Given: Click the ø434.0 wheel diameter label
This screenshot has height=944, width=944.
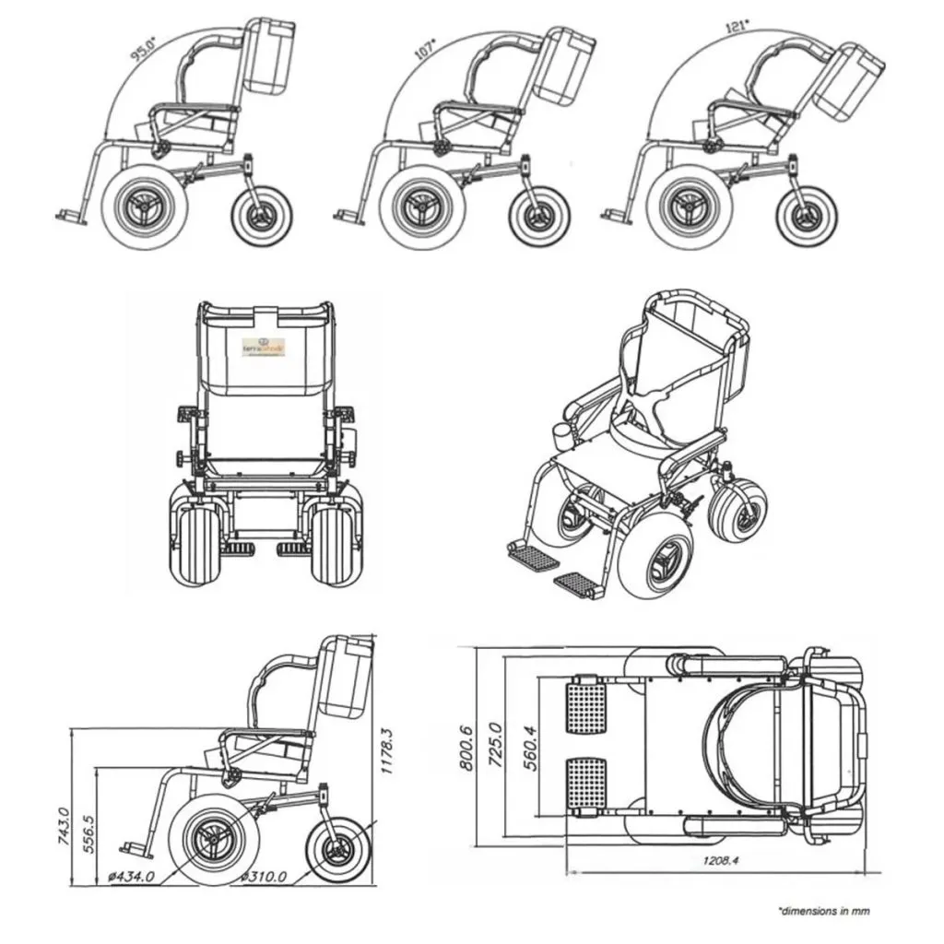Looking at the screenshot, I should click(132, 876).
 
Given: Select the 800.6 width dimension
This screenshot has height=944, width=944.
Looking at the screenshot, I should click(469, 746).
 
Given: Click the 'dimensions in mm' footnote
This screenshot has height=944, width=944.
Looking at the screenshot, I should click(823, 911).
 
